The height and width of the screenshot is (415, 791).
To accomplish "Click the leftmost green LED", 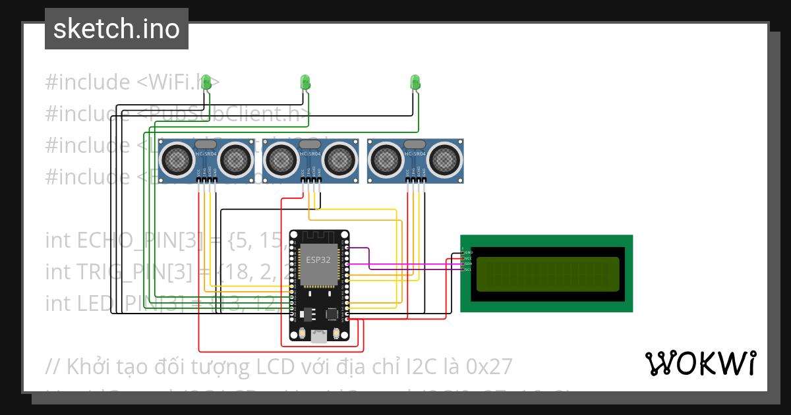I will pyautogui.click(x=206, y=82).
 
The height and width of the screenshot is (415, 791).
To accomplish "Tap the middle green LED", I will pyautogui.click(x=305, y=82).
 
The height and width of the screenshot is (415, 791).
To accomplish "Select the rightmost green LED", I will pyautogui.click(x=415, y=82).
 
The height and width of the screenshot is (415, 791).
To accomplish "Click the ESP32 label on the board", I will pyautogui.click(x=319, y=259).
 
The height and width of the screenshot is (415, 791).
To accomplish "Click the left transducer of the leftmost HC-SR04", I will pyautogui.click(x=177, y=158).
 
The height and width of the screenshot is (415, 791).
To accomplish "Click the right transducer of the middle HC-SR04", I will pyautogui.click(x=339, y=158).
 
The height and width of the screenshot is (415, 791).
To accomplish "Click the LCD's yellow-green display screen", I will pyautogui.click(x=547, y=274).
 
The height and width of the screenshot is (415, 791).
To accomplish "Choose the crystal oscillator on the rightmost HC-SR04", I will pyautogui.click(x=415, y=144).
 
